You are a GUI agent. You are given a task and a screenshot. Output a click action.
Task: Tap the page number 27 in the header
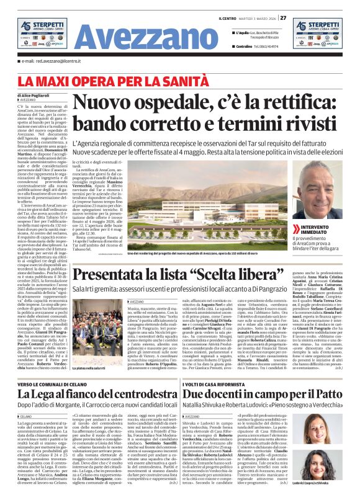(283, 17)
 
